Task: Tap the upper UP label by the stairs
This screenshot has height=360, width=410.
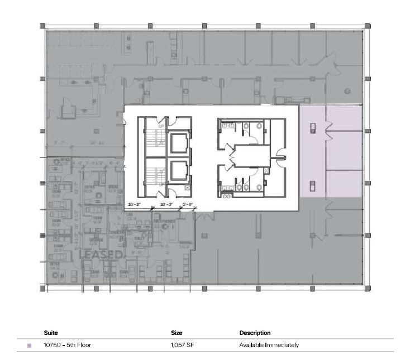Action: [161, 127]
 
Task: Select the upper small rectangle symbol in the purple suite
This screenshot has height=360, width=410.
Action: [312, 127]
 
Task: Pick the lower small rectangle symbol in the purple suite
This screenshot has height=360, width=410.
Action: [312, 185]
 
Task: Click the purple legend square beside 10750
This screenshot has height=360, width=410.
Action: [29, 345]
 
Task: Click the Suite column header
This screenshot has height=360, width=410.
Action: [50, 333]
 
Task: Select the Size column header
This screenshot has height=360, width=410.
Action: [177, 333]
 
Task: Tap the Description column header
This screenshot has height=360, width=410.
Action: [255, 333]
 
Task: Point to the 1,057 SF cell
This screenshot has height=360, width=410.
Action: [182, 345]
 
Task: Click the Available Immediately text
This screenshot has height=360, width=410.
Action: [269, 345]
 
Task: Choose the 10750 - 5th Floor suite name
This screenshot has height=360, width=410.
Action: [67, 345]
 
